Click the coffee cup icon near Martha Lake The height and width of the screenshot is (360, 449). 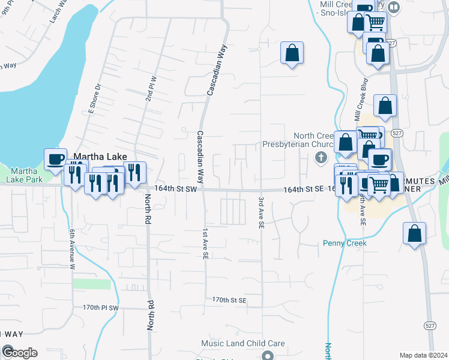point(55,159)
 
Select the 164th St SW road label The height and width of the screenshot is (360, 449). point(176,188)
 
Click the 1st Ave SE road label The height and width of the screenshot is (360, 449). point(205,244)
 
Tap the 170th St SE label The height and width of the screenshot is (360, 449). point(229,299)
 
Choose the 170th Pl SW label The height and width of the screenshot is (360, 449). point(101,307)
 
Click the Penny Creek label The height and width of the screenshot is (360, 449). point(345,243)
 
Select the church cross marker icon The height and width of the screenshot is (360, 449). point(321,157)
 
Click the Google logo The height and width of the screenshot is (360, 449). point(19,352)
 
